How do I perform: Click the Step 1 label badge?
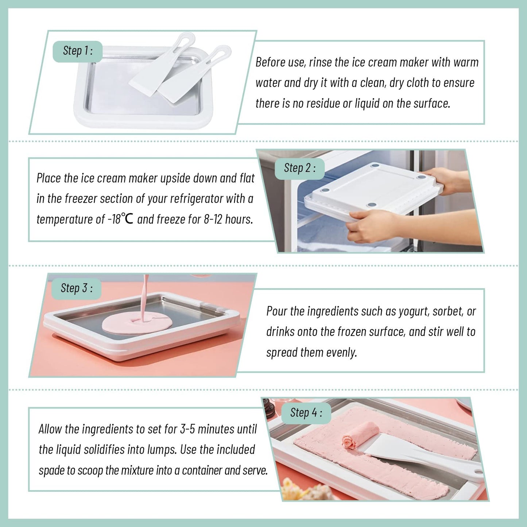click(x=77, y=51)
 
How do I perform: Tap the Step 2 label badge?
click(x=299, y=168)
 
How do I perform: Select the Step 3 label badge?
click(x=76, y=288)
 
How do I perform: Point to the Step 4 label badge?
click(x=306, y=413)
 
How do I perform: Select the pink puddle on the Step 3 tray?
click(x=137, y=323)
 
